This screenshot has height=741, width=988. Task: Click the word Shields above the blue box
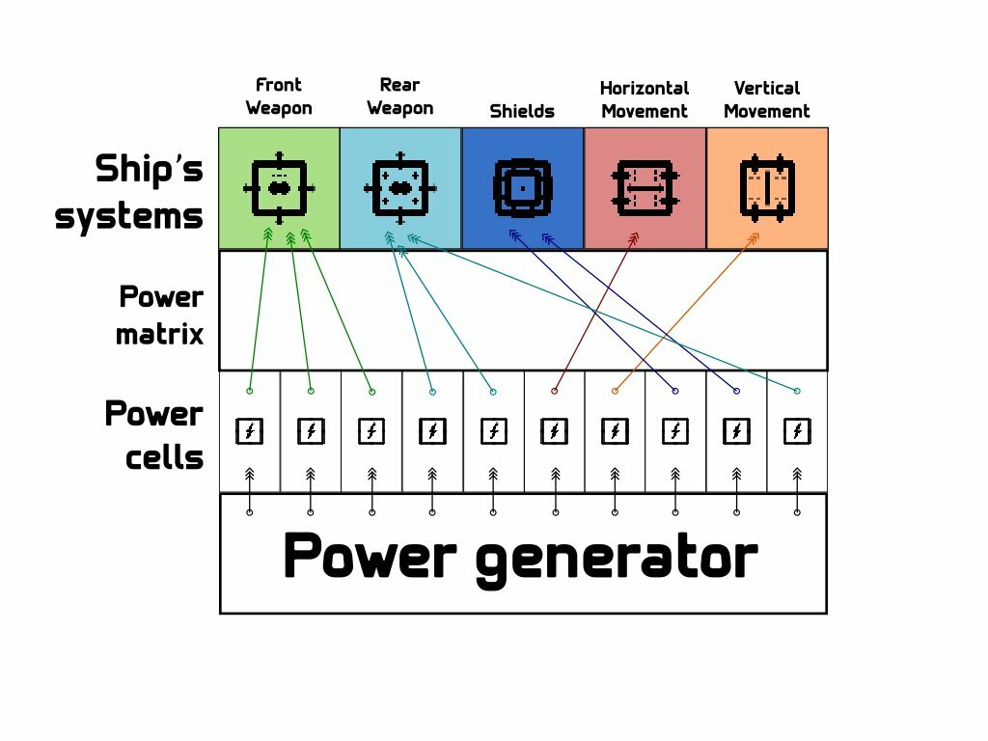click(x=522, y=111)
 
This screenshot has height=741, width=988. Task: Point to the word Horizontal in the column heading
click(x=645, y=88)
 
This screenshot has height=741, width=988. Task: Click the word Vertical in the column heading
click(x=767, y=88)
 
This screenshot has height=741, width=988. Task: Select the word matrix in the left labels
click(x=160, y=335)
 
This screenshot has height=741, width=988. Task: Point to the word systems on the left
click(x=129, y=215)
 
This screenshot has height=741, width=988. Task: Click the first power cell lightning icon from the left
click(x=250, y=431)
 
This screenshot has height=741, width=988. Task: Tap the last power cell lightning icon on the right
click(x=796, y=431)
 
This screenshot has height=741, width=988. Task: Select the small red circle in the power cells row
click(x=554, y=391)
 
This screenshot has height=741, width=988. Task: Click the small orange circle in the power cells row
click(x=615, y=391)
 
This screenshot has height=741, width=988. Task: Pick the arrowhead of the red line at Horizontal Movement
click(x=634, y=237)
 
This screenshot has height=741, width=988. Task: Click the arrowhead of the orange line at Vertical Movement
click(x=755, y=237)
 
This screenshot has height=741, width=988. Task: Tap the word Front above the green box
click(x=279, y=85)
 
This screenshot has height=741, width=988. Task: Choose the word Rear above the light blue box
click(x=399, y=85)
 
